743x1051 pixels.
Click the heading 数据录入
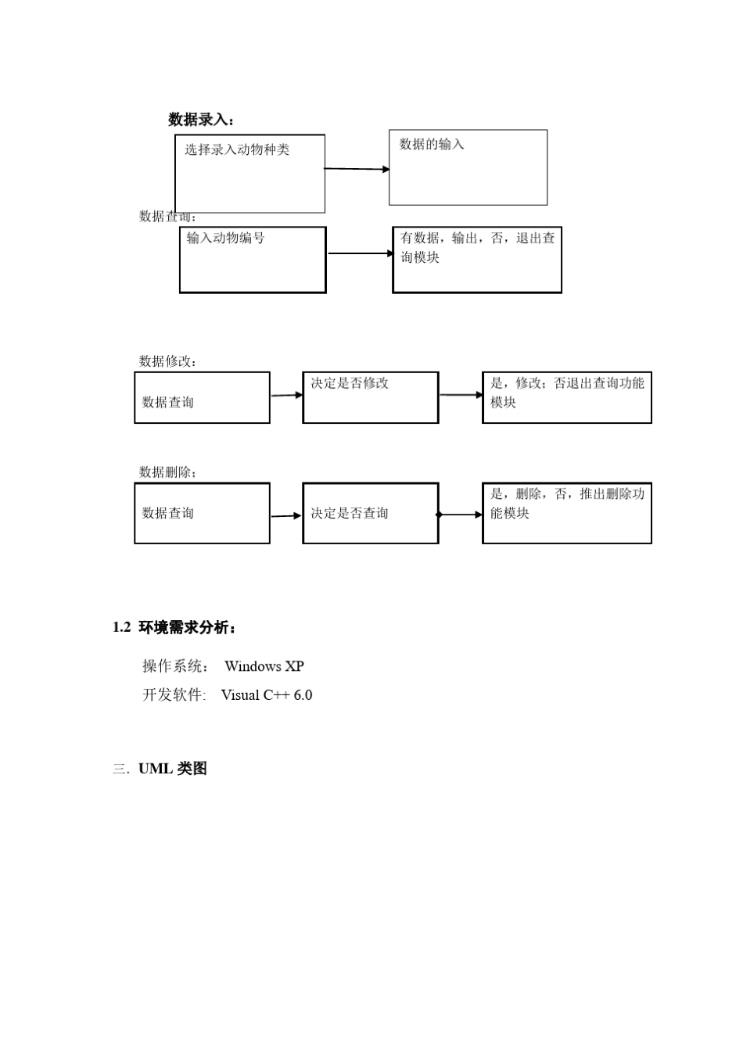(201, 120)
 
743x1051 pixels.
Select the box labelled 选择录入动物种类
(249, 174)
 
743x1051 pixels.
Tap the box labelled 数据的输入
(468, 167)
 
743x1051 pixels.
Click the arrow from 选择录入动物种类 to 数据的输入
(357, 169)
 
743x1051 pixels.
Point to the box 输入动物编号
(253, 260)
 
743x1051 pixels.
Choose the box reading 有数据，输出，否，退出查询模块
(477, 260)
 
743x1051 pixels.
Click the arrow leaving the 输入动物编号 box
(360, 253)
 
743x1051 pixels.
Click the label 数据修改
(167, 361)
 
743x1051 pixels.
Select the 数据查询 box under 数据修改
(202, 398)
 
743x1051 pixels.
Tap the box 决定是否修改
(371, 398)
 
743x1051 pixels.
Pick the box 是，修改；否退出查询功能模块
(567, 398)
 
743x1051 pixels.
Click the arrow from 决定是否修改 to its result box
(461, 395)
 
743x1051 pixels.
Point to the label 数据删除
(167, 472)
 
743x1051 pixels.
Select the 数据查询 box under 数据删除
(202, 513)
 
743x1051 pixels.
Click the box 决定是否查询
(371, 513)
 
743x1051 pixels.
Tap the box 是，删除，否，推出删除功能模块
(567, 513)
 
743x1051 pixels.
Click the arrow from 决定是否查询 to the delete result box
(461, 515)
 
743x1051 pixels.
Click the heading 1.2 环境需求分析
(174, 628)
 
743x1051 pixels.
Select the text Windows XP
(264, 666)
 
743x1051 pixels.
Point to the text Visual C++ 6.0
(267, 695)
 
